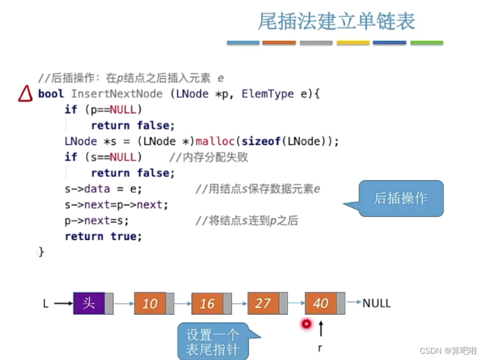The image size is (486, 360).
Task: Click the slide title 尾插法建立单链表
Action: pyautogui.click(x=336, y=22)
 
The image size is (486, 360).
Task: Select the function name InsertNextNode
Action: pyautogui.click(x=117, y=94)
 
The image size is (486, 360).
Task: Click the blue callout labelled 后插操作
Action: pyautogui.click(x=401, y=198)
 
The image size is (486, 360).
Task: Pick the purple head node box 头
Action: pyautogui.click(x=89, y=303)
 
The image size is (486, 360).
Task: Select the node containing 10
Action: pyautogui.click(x=150, y=303)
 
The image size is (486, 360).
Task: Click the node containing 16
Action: pyautogui.click(x=207, y=303)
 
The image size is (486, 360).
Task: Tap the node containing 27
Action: pyautogui.click(x=263, y=303)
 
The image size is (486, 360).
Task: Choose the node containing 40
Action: pyautogui.click(x=320, y=303)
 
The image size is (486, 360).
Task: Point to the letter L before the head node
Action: pyautogui.click(x=46, y=303)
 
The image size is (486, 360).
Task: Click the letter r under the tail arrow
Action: pyautogui.click(x=320, y=348)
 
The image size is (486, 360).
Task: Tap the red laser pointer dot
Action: pyautogui.click(x=306, y=324)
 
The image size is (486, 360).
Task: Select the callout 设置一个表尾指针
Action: pyautogui.click(x=212, y=342)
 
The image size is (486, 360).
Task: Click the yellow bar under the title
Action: pyautogui.click(x=353, y=43)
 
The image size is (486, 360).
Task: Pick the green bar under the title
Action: pyautogui.click(x=426, y=43)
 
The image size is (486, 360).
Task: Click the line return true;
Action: pyautogui.click(x=103, y=236)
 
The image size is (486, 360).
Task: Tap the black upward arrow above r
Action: pyautogui.click(x=321, y=329)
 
